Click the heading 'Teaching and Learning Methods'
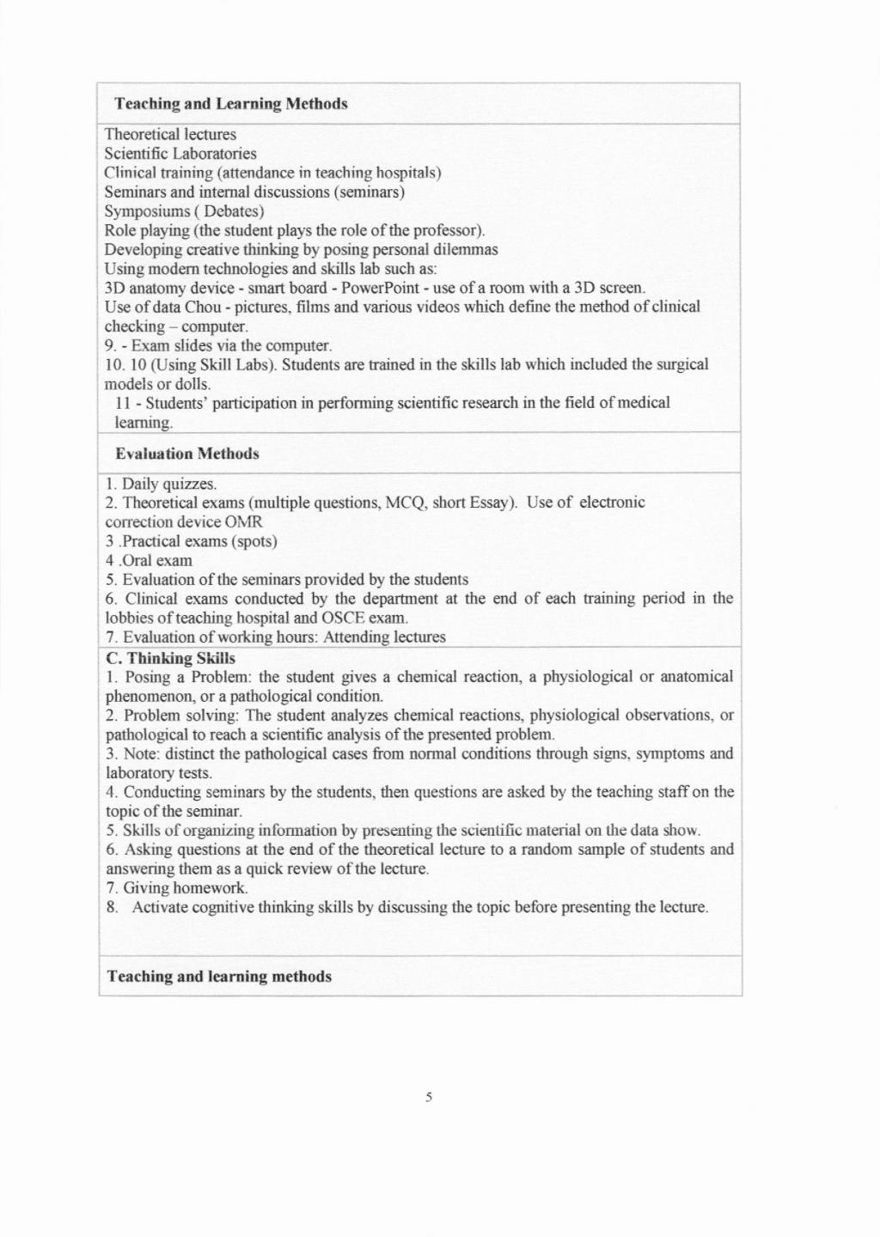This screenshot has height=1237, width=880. [230, 104]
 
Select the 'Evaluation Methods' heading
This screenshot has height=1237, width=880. [186, 454]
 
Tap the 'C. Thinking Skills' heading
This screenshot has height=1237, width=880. [170, 658]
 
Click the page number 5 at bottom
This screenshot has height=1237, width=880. [428, 1097]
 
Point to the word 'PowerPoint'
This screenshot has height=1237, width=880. [380, 288]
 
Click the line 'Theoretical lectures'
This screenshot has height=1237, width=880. [170, 135]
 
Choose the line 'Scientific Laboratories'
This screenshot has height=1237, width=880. [180, 154]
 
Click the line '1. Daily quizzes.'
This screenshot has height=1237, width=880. [161, 484]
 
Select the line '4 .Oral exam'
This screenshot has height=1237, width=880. [149, 561]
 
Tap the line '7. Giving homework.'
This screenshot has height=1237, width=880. [177, 888]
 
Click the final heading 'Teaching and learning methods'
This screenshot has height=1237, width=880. [219, 977]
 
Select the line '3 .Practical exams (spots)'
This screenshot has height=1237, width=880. [191, 542]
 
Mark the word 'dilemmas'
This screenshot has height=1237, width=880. [467, 250]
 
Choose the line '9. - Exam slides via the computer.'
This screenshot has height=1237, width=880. [218, 345]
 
